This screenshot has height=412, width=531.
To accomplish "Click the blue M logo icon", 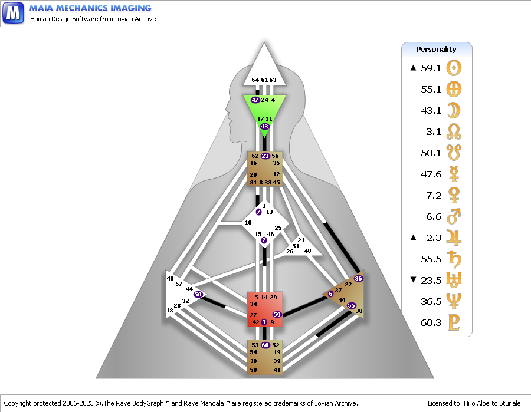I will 13,12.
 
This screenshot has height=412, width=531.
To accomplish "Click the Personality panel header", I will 437,49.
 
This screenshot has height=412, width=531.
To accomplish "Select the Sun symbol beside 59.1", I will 454,68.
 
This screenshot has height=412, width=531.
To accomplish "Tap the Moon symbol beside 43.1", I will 454,110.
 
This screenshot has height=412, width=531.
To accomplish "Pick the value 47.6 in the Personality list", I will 431,174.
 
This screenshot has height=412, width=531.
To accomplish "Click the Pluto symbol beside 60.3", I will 454,322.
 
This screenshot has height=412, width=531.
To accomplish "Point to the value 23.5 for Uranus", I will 431,280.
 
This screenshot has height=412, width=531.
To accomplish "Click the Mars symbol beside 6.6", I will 454,216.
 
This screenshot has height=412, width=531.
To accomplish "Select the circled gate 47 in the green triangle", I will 255,100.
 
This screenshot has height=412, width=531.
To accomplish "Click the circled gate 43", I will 265,127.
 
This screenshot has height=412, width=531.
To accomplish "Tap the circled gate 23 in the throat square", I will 265,156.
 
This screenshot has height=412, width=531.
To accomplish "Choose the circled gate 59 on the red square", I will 277,315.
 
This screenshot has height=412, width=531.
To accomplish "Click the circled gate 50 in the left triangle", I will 198,294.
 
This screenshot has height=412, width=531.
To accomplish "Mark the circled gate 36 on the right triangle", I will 358,278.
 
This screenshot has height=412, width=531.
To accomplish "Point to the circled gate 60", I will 265,345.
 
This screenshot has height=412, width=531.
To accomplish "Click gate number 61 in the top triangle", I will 264,80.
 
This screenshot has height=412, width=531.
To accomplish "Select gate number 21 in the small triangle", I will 301,240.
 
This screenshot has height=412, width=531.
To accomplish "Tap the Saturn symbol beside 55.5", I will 454,259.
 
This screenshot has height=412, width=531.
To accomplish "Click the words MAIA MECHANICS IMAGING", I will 90,8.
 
